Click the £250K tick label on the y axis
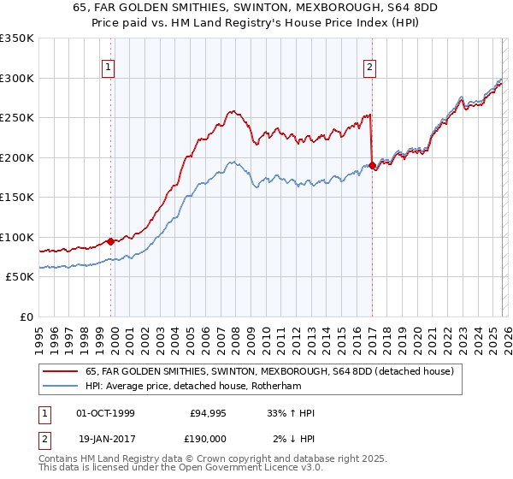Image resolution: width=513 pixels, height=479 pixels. point(17,118)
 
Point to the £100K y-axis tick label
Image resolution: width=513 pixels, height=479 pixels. point(17,237)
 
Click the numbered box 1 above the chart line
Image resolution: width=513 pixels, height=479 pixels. point(109,69)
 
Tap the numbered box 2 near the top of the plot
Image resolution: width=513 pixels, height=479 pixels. point(369,69)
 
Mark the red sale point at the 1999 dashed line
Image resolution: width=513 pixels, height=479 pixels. point(111,241)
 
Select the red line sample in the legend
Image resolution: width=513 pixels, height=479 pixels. point(60,371)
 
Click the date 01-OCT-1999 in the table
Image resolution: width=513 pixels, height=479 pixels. point(105,413)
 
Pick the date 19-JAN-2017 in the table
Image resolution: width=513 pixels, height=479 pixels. point(105,439)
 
